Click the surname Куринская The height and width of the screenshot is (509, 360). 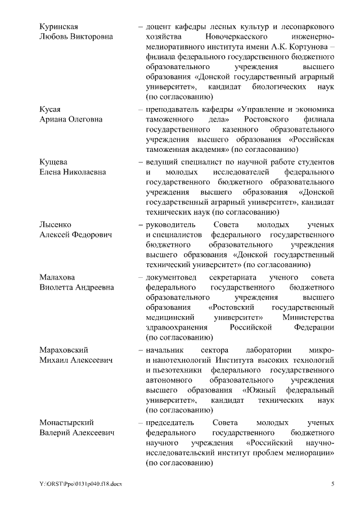pos(58,27)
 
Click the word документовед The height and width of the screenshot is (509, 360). pos(169,277)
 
